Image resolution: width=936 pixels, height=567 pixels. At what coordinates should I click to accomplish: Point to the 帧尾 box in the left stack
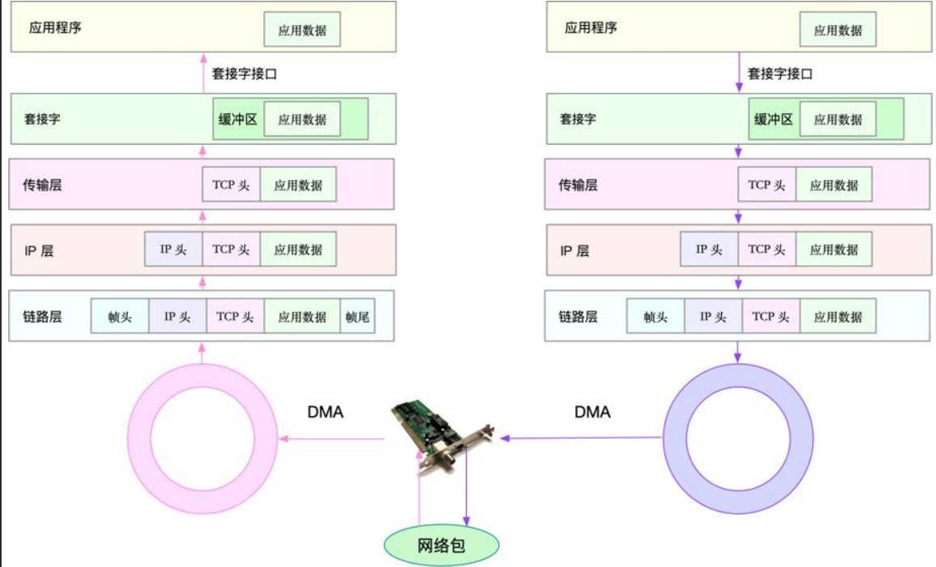[357, 317]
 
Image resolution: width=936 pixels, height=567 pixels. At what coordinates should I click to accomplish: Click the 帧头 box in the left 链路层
[120, 317]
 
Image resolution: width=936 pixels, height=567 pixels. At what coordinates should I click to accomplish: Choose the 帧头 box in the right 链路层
[656, 317]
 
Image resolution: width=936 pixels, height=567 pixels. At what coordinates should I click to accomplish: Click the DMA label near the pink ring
[325, 412]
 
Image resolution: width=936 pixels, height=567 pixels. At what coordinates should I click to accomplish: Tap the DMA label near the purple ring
[593, 412]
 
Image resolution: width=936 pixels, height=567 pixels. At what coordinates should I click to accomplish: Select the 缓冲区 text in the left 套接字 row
[237, 119]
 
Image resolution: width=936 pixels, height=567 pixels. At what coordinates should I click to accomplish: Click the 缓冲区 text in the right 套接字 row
[774, 119]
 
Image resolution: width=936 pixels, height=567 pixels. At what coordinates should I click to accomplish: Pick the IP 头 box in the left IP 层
[173, 250]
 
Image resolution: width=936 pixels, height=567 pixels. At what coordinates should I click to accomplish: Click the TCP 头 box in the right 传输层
[766, 185]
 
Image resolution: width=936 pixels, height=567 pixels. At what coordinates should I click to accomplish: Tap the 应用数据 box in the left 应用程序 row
[302, 31]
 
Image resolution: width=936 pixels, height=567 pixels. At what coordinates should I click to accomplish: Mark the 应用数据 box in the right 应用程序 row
[838, 31]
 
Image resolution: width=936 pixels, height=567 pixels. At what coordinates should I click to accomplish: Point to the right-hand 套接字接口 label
[780, 73]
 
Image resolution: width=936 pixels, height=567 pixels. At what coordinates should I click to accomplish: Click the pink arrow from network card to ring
[331, 439]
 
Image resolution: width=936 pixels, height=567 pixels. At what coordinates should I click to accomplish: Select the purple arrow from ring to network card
[581, 439]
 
